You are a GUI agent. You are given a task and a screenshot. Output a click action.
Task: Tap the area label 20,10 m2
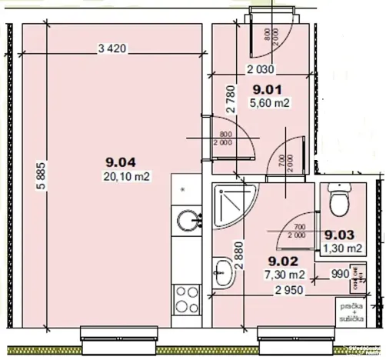tap(126, 175)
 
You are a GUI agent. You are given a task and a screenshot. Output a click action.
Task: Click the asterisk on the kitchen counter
tap(182, 188)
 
